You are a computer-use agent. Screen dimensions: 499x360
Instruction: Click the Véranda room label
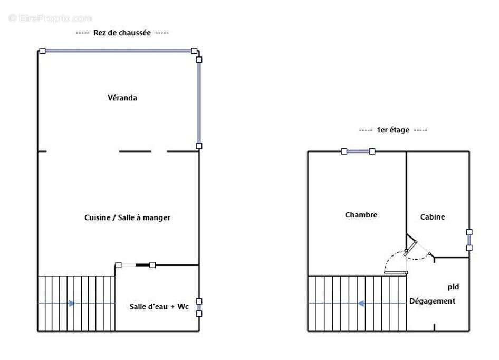click(122, 98)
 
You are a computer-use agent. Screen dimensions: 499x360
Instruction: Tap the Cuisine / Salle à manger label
click(127, 217)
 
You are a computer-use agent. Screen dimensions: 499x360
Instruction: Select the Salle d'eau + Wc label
click(159, 307)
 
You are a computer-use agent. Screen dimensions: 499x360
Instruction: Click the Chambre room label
click(361, 215)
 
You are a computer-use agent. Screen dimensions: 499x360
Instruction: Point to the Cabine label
click(432, 217)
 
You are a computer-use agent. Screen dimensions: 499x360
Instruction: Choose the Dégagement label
click(432, 301)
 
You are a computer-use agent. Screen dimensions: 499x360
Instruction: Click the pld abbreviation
click(453, 287)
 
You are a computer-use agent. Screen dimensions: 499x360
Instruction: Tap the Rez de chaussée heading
click(122, 33)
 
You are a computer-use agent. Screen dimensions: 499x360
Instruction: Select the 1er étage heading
click(393, 130)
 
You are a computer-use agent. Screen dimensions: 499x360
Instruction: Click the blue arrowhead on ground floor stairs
click(72, 304)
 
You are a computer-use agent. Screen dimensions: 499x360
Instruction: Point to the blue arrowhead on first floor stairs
click(361, 304)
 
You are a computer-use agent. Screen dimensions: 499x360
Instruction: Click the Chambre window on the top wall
click(358, 151)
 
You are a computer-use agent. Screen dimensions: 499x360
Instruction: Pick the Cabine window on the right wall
click(469, 240)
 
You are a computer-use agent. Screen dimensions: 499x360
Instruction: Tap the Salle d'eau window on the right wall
click(199, 307)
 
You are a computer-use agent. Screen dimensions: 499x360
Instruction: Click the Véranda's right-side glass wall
click(199, 102)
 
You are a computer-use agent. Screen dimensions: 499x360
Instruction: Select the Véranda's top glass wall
click(118, 51)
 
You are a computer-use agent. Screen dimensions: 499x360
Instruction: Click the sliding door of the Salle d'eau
click(135, 265)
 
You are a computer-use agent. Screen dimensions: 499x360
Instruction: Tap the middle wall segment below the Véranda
click(135, 151)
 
